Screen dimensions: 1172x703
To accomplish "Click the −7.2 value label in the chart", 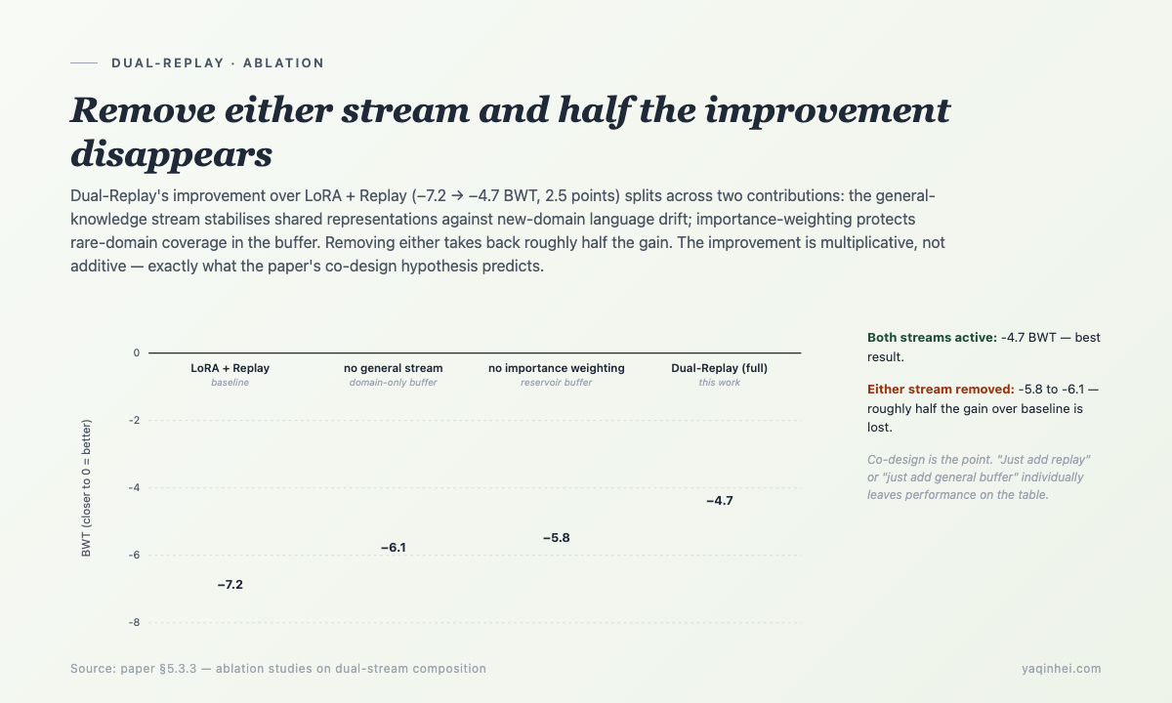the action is point(230,585).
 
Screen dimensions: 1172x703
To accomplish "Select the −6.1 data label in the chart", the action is point(394,548).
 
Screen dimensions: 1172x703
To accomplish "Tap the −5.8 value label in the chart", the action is point(556,538).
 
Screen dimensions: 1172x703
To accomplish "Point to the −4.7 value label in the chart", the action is point(720,501).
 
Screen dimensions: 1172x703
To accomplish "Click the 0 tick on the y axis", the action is point(136,353).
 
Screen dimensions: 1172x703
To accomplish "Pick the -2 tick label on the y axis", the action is point(135,421).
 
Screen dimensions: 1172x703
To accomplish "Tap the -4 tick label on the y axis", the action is point(135,488).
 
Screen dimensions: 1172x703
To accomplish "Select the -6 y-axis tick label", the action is point(135,555).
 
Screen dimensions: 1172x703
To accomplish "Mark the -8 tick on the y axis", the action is point(135,623).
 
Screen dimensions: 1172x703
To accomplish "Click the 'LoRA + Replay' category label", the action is point(230,368).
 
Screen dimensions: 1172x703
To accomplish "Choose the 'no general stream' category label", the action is point(394,368).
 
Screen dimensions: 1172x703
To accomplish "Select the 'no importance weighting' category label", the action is point(556,368).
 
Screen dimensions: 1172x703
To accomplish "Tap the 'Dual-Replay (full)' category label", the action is point(720,368).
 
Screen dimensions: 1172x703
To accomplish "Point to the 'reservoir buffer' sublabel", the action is point(556,383).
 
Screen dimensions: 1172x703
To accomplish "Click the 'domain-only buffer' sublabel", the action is point(394,383).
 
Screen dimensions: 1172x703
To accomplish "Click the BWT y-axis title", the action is point(86,488).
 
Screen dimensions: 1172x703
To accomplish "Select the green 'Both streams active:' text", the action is point(932,338).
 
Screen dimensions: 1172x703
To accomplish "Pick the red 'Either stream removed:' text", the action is point(941,390).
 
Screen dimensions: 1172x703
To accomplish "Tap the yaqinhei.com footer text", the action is point(1061,669).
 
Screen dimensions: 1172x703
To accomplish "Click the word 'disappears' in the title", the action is point(172,155).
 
